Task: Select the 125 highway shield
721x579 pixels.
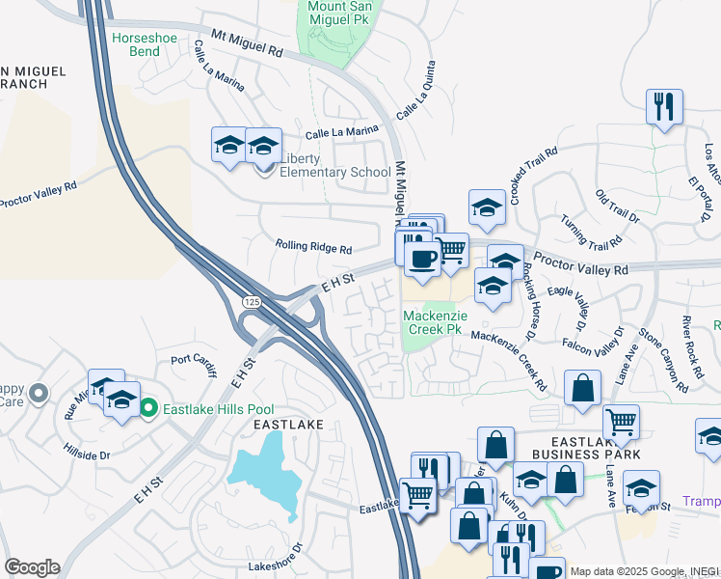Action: click(252, 302)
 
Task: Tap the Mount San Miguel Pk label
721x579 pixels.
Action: click(345, 13)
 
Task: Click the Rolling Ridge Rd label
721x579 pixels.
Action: click(313, 246)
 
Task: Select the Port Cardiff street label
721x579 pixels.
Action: click(196, 361)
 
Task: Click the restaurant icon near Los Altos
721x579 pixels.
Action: click(663, 105)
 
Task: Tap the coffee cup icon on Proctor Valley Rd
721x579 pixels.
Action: click(422, 258)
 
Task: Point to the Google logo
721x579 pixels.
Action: click(32, 567)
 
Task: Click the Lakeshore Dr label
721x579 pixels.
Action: click(276, 565)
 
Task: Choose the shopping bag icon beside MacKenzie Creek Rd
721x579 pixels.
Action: click(582, 389)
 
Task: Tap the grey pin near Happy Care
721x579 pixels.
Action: click(39, 393)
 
